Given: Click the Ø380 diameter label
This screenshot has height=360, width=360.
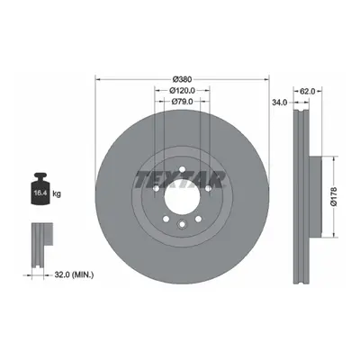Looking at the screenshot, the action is pyautogui.click(x=182, y=79).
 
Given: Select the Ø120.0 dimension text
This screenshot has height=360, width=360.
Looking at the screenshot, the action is pyautogui.click(x=182, y=90).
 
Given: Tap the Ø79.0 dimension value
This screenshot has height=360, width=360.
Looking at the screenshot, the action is pyautogui.click(x=182, y=102).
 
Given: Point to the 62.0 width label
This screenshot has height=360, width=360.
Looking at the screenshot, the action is pyautogui.click(x=308, y=91).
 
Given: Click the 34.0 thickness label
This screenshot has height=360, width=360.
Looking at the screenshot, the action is pyautogui.click(x=280, y=103).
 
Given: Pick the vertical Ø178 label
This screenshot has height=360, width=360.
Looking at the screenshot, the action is pyautogui.click(x=334, y=196).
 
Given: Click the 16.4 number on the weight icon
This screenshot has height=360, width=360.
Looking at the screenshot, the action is pyautogui.click(x=40, y=193).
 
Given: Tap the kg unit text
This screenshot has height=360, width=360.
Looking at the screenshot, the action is pyautogui.click(x=57, y=193).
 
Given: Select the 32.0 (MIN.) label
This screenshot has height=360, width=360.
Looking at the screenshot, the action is pyautogui.click(x=74, y=274).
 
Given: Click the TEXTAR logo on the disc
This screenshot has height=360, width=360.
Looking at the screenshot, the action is pyautogui.click(x=180, y=180).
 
